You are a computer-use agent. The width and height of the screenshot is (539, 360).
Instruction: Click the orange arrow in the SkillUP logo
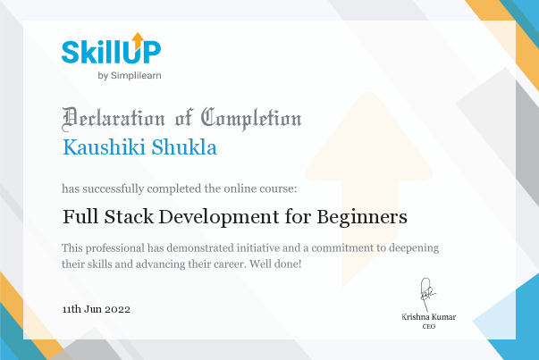[138, 40]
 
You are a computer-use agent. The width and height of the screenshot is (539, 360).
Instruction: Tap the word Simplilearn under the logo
[136, 76]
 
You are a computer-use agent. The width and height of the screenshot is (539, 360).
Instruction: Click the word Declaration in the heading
[114, 119]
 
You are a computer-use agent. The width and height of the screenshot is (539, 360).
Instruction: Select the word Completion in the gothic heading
[251, 119]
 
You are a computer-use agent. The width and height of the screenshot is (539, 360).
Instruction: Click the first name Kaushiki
[104, 147]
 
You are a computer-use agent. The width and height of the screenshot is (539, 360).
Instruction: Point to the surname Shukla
[184, 147]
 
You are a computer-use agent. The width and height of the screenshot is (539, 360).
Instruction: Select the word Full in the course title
[80, 217]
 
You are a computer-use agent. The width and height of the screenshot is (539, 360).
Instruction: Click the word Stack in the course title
[129, 217]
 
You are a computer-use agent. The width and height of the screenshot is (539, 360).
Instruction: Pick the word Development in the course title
[219, 218]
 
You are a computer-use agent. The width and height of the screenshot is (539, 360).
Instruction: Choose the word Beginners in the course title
[362, 218]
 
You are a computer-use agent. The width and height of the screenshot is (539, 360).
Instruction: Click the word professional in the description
[115, 248]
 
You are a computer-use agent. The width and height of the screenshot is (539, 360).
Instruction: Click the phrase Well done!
[275, 264]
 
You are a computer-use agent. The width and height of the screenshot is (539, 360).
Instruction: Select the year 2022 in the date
[118, 309]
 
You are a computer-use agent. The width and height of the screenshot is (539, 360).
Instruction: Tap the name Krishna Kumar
[429, 317]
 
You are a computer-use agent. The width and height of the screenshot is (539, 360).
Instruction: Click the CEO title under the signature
[429, 326]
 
